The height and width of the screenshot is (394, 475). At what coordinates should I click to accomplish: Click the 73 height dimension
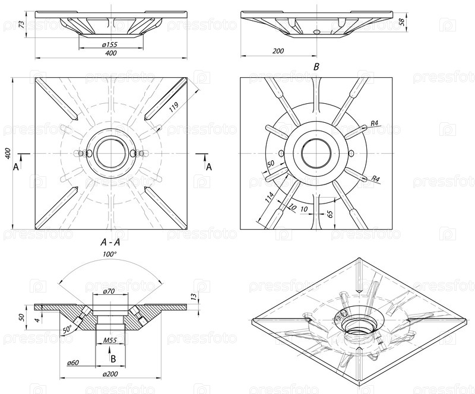[x=22, y=26]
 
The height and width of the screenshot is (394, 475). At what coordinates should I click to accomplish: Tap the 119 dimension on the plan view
[x=174, y=107]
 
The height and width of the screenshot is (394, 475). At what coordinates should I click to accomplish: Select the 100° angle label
[x=110, y=254]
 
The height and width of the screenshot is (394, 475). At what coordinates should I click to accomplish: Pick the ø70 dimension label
[x=109, y=291]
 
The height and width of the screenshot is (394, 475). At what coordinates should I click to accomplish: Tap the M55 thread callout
[x=109, y=340]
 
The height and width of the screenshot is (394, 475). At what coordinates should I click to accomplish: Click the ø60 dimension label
[x=74, y=361]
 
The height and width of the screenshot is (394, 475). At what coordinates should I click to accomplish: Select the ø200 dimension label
[x=109, y=374]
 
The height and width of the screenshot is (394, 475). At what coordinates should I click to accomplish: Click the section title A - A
[x=111, y=242]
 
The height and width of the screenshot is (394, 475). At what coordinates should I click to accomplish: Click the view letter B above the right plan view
[x=316, y=68]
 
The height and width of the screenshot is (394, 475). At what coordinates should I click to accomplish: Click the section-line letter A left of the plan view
[x=16, y=167]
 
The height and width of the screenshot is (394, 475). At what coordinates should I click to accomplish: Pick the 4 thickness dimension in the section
[x=37, y=320]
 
